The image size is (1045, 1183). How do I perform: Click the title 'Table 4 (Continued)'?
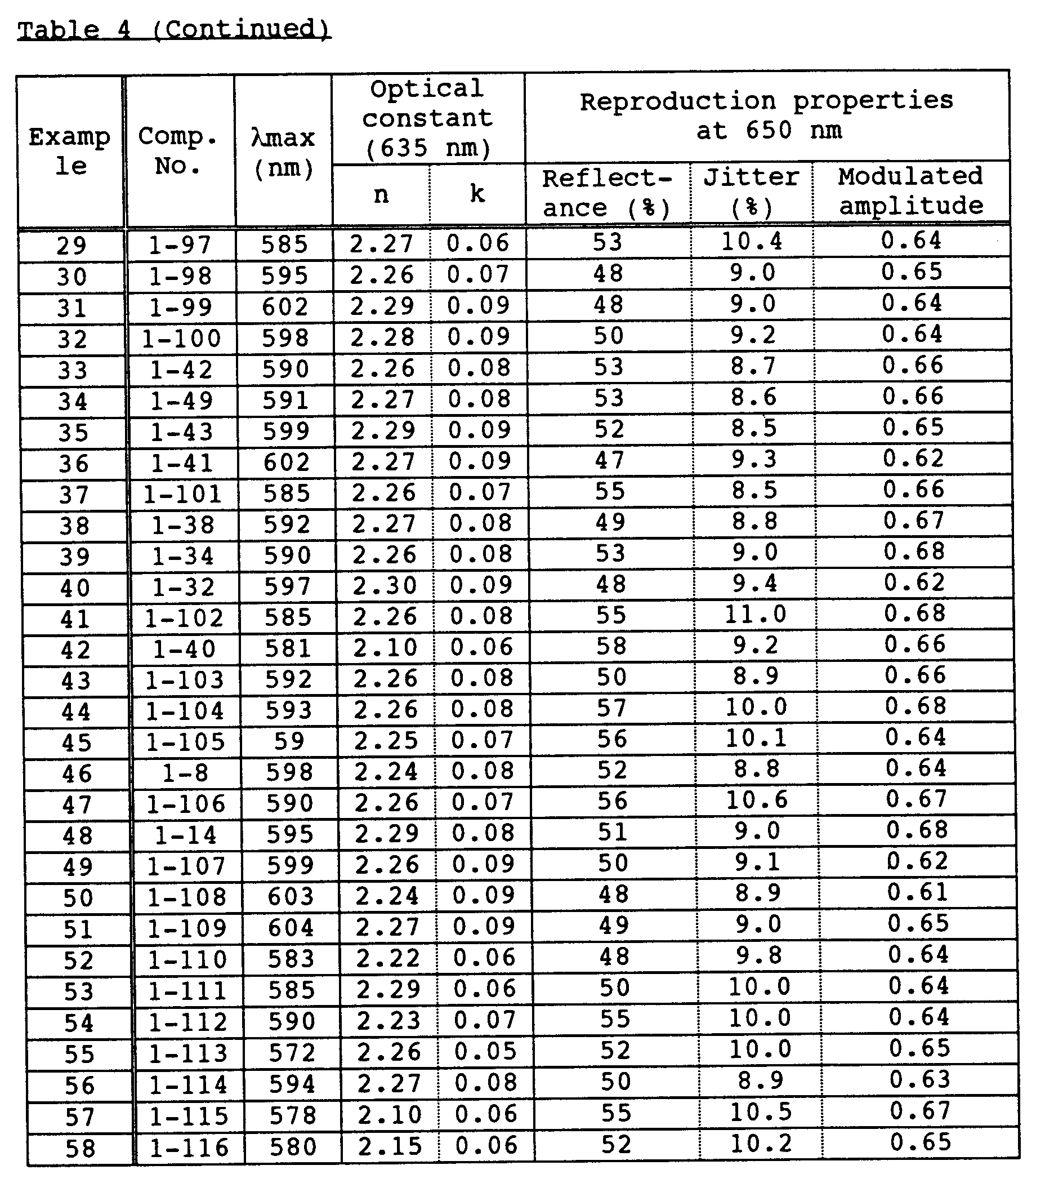tap(173, 29)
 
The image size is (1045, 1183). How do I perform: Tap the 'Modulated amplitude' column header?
tap(911, 191)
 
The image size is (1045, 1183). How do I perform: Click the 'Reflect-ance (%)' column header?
tap(606, 193)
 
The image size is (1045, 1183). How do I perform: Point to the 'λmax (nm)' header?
tap(283, 152)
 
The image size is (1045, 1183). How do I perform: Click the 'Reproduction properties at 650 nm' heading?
tap(767, 115)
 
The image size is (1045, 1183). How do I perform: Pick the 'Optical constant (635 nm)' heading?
tap(428, 119)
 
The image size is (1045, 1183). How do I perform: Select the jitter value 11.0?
tap(756, 615)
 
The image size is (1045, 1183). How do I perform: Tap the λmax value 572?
tap(292, 1053)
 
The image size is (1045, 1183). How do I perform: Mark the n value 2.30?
tap(385, 586)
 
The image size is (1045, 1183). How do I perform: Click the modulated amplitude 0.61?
tap(918, 893)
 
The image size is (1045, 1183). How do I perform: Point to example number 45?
tap(77, 743)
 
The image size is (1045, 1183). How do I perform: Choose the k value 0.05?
tap(485, 1052)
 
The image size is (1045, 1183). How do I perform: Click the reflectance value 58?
tap(611, 646)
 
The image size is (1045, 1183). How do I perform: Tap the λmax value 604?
tap(291, 928)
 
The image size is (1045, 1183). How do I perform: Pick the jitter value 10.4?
tap(752, 241)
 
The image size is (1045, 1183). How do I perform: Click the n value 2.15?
tap(390, 1146)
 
